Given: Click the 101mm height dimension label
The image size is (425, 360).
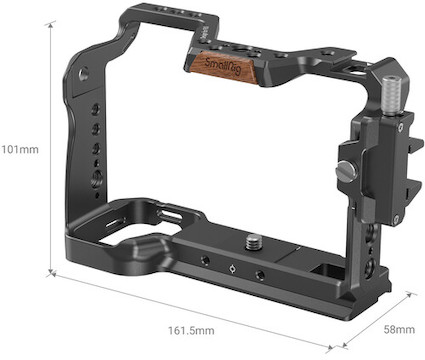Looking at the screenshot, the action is click(20, 149).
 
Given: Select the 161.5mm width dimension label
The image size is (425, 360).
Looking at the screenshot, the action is click(191, 331).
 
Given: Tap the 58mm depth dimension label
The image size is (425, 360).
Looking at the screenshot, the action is click(399, 330).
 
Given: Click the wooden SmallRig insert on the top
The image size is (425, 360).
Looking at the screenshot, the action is click(222, 67).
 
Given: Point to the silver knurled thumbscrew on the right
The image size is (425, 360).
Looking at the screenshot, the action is click(391, 97).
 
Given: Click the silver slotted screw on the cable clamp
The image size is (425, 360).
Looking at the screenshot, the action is click(346, 171).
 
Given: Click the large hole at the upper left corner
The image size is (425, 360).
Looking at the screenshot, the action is click(84, 73).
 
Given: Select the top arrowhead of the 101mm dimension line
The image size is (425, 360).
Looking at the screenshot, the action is click(51, 25).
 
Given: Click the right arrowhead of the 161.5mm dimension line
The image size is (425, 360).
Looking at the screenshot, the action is click(329, 348).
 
